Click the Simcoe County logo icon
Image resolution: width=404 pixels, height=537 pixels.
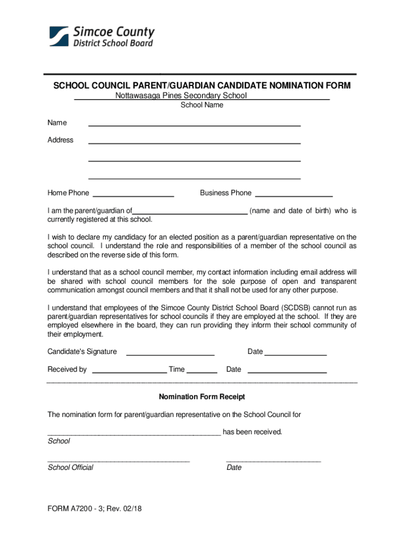59,36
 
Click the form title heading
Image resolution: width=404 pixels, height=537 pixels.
202,86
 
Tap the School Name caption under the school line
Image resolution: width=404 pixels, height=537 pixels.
202,105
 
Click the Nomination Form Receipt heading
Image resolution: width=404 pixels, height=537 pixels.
202,397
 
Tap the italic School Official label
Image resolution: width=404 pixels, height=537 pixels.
70,467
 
